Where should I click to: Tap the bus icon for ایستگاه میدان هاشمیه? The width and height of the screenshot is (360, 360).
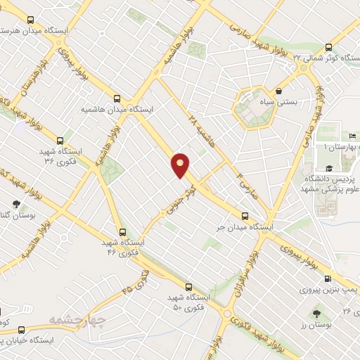coord(117,98)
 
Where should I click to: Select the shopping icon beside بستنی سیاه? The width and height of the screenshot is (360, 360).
coord(280,91)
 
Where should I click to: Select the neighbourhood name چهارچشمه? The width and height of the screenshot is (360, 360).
coord(77,321)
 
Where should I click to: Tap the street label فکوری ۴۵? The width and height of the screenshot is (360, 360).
coord(136,282)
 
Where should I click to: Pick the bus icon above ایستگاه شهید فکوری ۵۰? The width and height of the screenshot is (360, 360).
coord(188,286)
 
